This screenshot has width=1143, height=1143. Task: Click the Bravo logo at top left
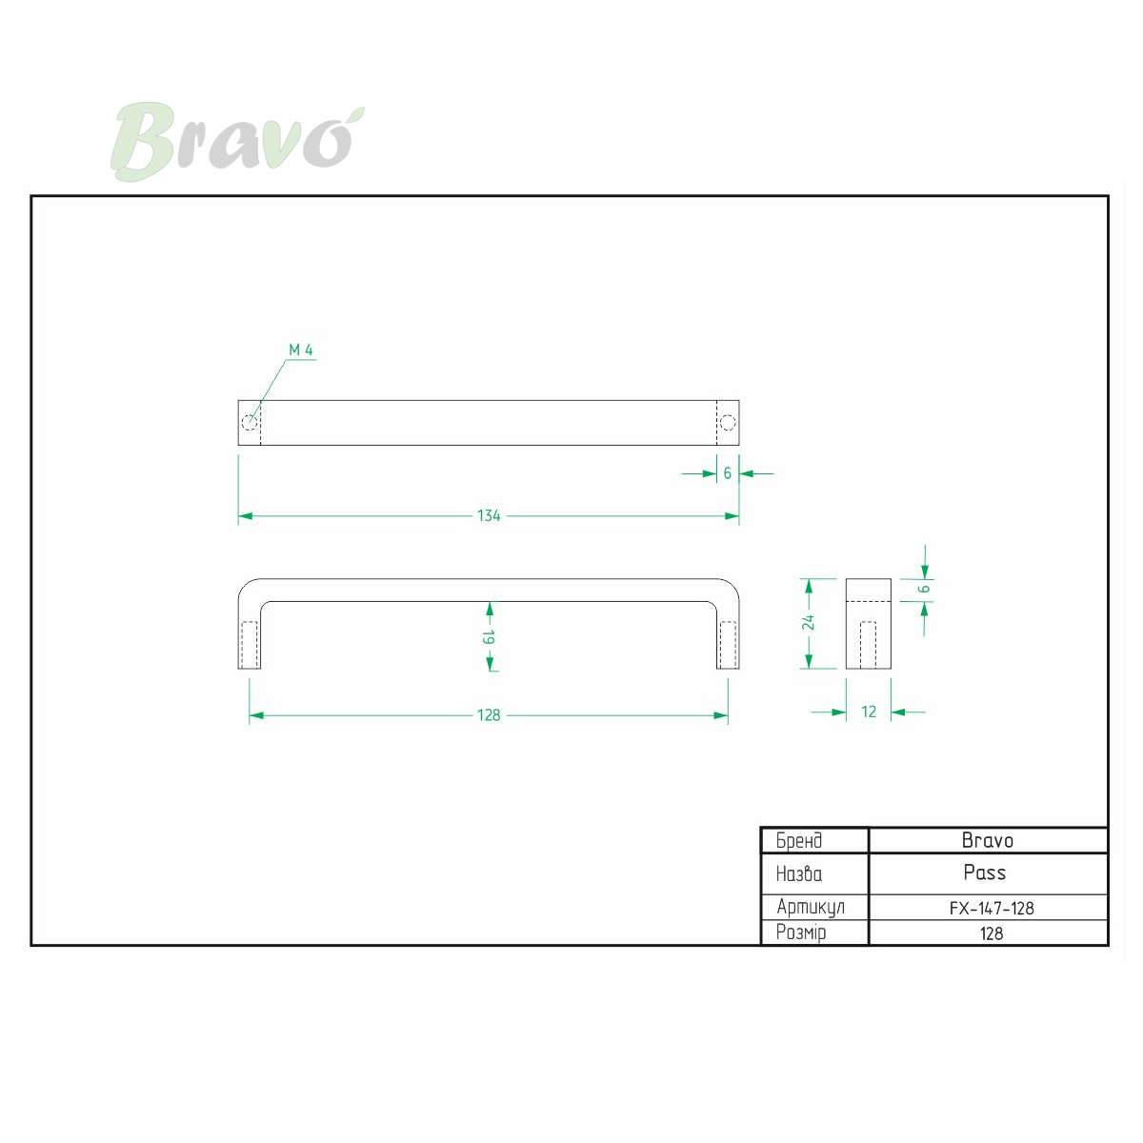237,142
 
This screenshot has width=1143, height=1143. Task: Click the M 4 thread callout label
301,350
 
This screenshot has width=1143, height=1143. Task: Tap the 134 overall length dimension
489,516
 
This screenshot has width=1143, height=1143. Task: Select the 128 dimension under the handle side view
489,715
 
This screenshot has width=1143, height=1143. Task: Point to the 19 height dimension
489,637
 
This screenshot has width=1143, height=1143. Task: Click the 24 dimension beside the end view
808,623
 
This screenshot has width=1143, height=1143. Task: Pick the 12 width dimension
869,712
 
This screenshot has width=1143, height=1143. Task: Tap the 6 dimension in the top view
727,473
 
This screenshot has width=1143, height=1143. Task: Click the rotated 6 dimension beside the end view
924,589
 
